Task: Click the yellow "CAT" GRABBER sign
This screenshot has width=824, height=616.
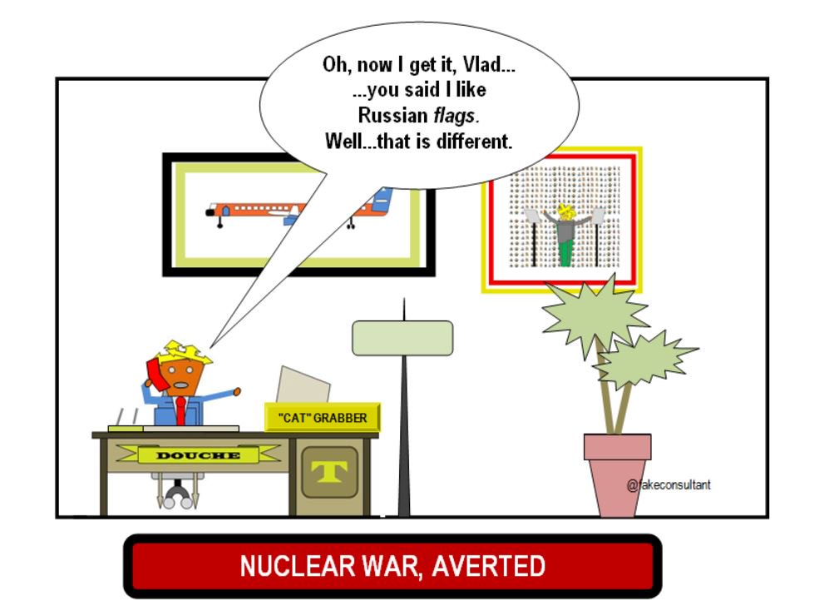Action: (x=322, y=417)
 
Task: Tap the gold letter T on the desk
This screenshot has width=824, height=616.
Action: (x=328, y=472)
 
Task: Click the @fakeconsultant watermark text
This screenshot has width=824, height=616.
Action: (x=669, y=484)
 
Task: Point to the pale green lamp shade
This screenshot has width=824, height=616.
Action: (x=403, y=336)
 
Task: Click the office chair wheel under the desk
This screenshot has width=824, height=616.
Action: (x=174, y=498)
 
